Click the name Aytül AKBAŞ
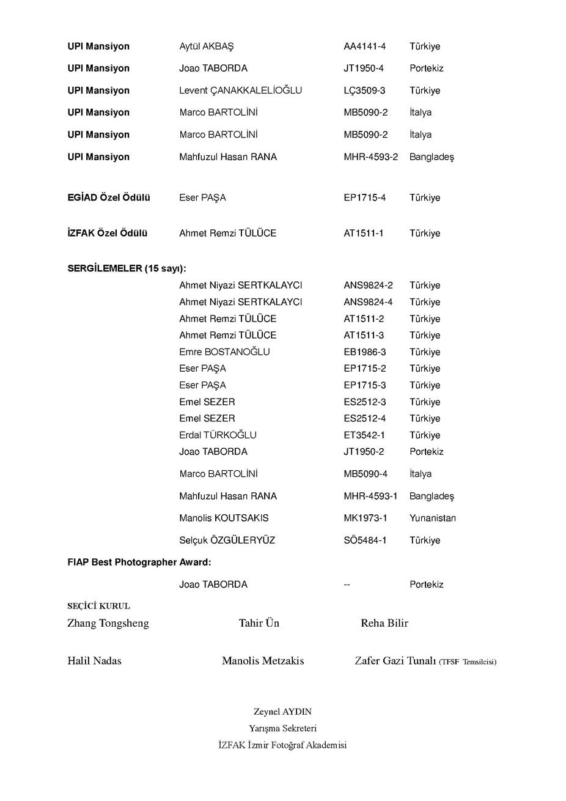pos(206,46)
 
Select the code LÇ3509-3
pos(364,90)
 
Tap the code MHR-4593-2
pos(370,157)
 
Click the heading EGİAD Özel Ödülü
pos(109,197)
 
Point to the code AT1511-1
pos(363,233)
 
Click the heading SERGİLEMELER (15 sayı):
pos(127,268)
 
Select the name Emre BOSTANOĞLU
pos(224,352)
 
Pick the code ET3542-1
pos(364,435)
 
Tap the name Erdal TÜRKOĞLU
pos(218,435)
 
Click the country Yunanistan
pos(432,518)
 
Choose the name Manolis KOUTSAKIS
pos(224,518)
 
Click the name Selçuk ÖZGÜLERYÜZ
pos(227,541)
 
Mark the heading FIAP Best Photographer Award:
pos(139,562)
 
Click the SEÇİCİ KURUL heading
pos(98,607)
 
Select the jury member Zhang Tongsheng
pos(108,624)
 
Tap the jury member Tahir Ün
pos(259,623)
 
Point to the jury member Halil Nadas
pos(94,661)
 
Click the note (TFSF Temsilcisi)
pos(468,662)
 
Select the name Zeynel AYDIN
pos(282,712)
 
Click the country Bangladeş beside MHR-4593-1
pos(432,496)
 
